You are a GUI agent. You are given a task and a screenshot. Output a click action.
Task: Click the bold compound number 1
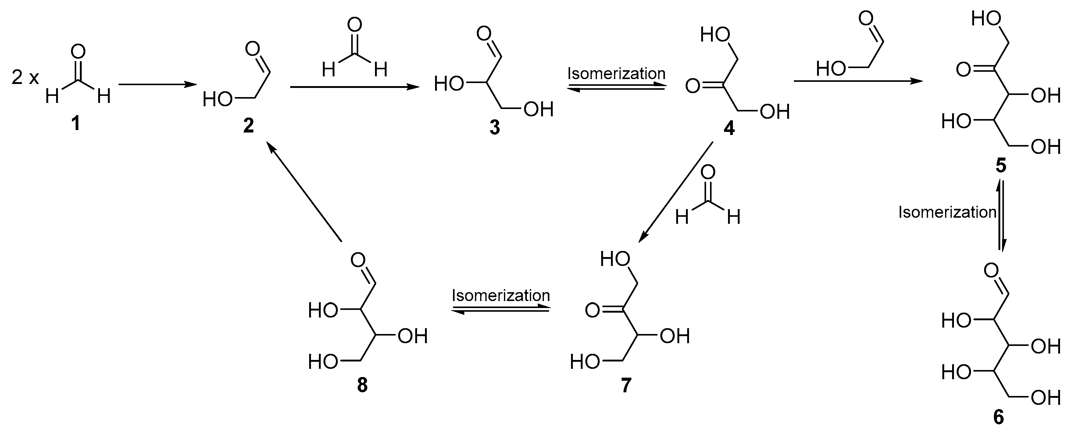[x=76, y=124]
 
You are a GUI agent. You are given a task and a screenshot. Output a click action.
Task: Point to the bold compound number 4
[x=729, y=128]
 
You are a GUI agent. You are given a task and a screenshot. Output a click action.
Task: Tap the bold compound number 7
[x=626, y=385]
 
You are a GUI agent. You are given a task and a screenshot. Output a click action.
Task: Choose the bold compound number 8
[x=362, y=385]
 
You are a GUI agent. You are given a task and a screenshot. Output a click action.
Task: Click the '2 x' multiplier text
[x=25, y=78]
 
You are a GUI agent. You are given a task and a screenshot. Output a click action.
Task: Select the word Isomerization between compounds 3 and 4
[x=616, y=74]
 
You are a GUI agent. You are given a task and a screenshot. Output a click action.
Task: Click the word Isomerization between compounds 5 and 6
[x=947, y=212]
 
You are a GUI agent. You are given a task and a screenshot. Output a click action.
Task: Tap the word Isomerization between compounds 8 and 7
[x=501, y=296]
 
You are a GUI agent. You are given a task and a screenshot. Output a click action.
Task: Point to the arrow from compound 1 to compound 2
[x=157, y=85]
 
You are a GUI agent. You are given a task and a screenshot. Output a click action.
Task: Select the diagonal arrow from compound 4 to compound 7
[x=676, y=191]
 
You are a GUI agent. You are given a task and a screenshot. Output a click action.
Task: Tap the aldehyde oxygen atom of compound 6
[x=991, y=271]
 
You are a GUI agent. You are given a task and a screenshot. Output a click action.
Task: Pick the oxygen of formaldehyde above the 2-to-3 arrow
[x=355, y=25]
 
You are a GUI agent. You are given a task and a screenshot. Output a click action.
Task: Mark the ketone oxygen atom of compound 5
[x=963, y=70]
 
